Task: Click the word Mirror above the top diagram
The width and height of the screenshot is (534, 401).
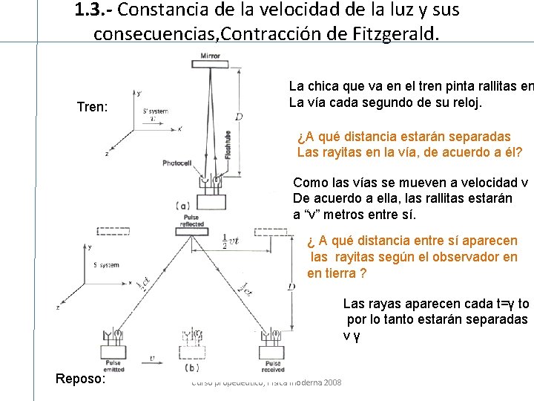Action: [210, 56]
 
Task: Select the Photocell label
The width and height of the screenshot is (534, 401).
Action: [177, 162]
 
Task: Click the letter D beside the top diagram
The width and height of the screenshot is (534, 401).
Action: [239, 116]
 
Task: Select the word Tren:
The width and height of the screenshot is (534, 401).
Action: [93, 108]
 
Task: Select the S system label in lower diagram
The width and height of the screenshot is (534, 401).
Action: [106, 264]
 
